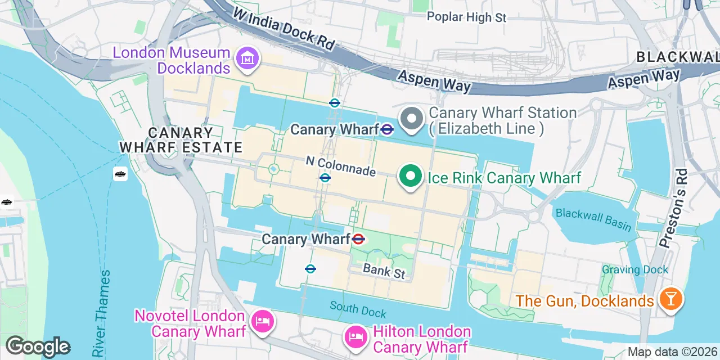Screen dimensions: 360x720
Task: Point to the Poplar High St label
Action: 466,17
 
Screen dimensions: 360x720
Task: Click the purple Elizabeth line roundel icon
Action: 386,130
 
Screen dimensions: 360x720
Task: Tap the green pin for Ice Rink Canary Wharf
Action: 411,177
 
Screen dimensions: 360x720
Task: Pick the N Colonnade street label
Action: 340,166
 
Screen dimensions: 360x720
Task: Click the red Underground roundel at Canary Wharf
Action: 358,240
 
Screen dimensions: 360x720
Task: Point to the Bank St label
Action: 384,272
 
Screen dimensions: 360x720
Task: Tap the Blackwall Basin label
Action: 593,219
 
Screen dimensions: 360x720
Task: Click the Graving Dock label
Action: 635,269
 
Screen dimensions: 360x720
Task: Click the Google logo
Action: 38,346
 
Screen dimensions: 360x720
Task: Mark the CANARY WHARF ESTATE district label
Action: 181,140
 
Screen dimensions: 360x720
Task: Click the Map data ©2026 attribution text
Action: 673,352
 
